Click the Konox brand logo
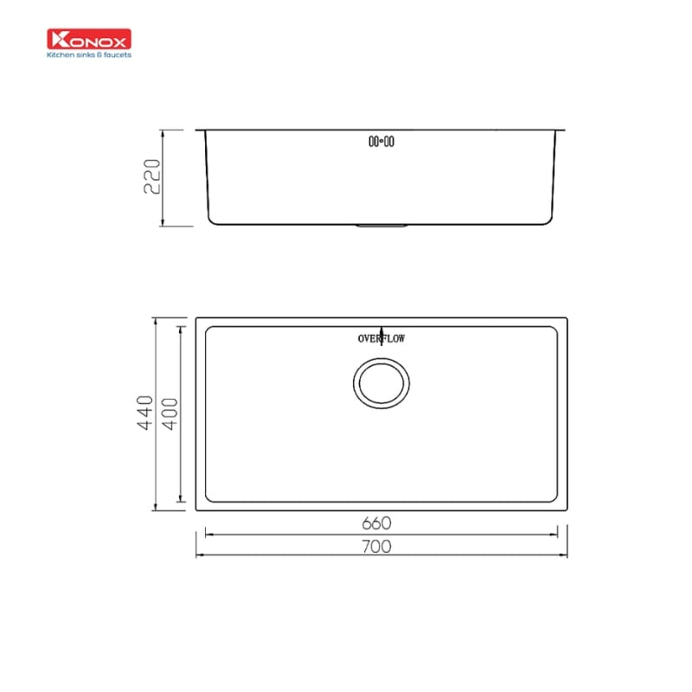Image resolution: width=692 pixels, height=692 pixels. (88, 39)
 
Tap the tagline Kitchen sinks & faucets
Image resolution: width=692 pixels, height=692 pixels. (88, 53)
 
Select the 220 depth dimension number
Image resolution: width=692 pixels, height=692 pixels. (152, 177)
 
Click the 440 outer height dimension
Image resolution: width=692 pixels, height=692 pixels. (144, 413)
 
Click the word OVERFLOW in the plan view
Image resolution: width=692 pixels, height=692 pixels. (381, 338)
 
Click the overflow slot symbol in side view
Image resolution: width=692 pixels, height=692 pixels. (381, 141)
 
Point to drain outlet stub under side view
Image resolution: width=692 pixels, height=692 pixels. (381, 227)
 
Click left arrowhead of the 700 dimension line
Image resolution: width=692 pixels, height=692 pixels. (200, 554)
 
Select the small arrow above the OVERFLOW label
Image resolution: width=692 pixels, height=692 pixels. (381, 330)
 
